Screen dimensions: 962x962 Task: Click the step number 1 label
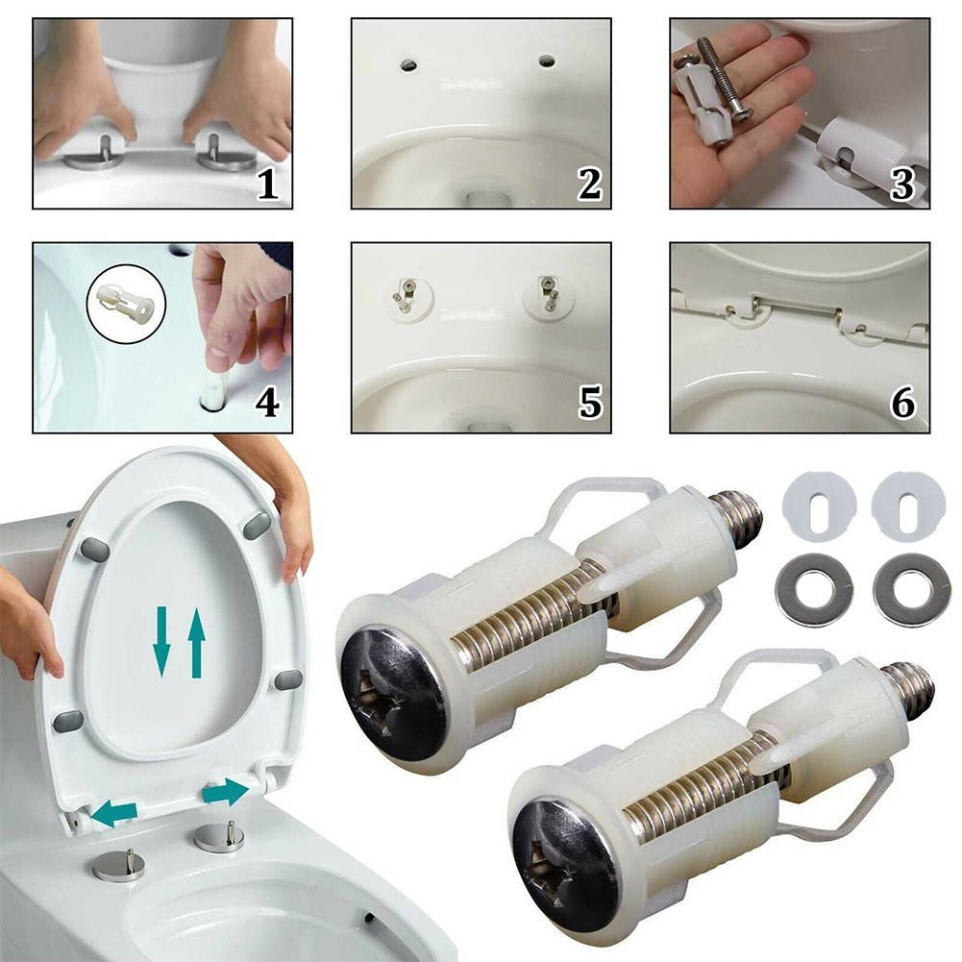tap(268, 183)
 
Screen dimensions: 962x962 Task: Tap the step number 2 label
tap(588, 183)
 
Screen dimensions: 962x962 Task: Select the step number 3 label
tap(902, 183)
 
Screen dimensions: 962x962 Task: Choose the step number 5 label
tap(588, 402)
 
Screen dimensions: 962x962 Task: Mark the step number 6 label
tap(902, 402)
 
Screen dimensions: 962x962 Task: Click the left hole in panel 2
tap(409, 64)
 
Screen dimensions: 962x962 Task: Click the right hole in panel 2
tap(547, 62)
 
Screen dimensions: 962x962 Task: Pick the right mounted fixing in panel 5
tap(548, 293)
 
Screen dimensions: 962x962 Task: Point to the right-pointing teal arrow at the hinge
tap(226, 790)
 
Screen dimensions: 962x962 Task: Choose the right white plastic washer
tap(902, 501)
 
